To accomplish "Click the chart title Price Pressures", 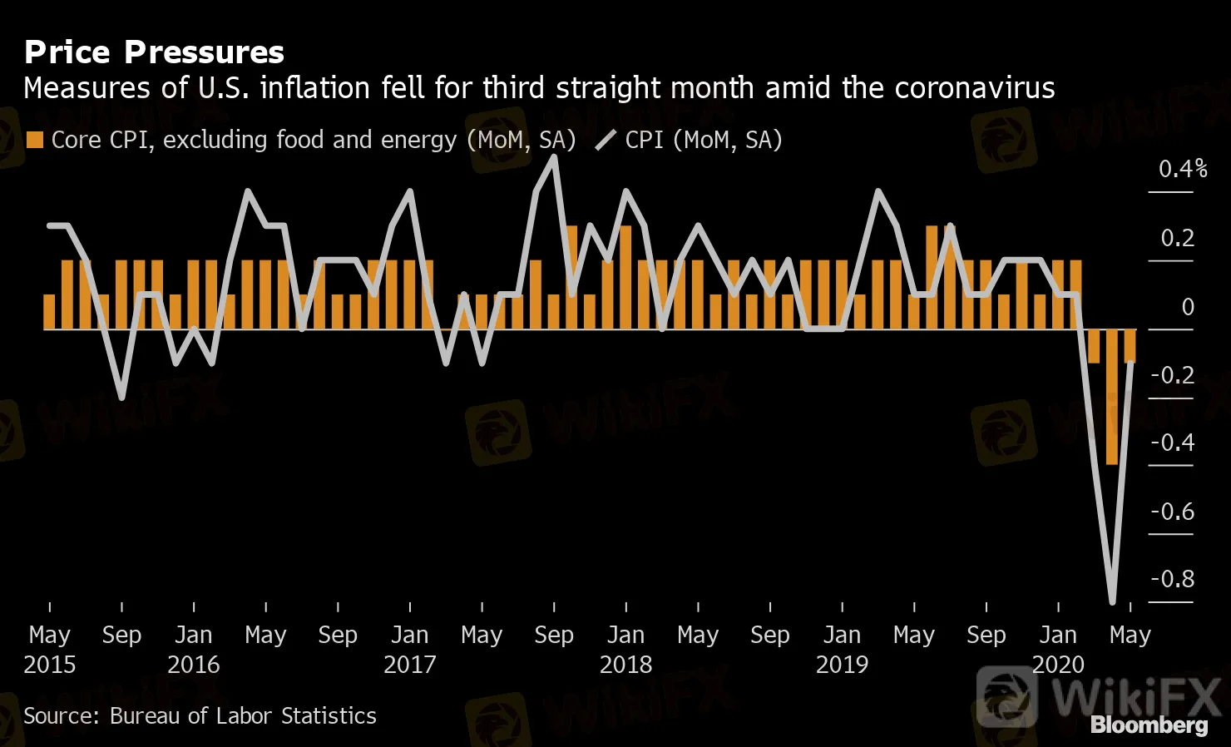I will (x=154, y=52).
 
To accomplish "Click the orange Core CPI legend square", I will (x=34, y=140).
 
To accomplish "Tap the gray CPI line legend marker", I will (x=606, y=141).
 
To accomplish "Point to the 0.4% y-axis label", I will (x=1182, y=169).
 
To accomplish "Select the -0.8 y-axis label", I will (x=1172, y=579).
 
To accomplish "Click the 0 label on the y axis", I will (x=1188, y=307).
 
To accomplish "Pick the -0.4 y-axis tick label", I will (x=1172, y=443).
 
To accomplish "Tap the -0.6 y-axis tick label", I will (x=1172, y=512).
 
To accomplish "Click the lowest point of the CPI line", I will (x=1112, y=601).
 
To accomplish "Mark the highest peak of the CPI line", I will (x=554, y=157).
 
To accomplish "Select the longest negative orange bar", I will (x=1112, y=397).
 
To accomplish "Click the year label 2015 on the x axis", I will (x=50, y=665).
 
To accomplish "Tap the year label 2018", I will (x=625, y=665).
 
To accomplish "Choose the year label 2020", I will (x=1058, y=665).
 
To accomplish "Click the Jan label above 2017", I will (x=409, y=636).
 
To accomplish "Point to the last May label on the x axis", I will (x=1130, y=636).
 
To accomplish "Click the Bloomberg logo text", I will (x=1149, y=725).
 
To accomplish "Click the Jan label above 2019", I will (x=842, y=636).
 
